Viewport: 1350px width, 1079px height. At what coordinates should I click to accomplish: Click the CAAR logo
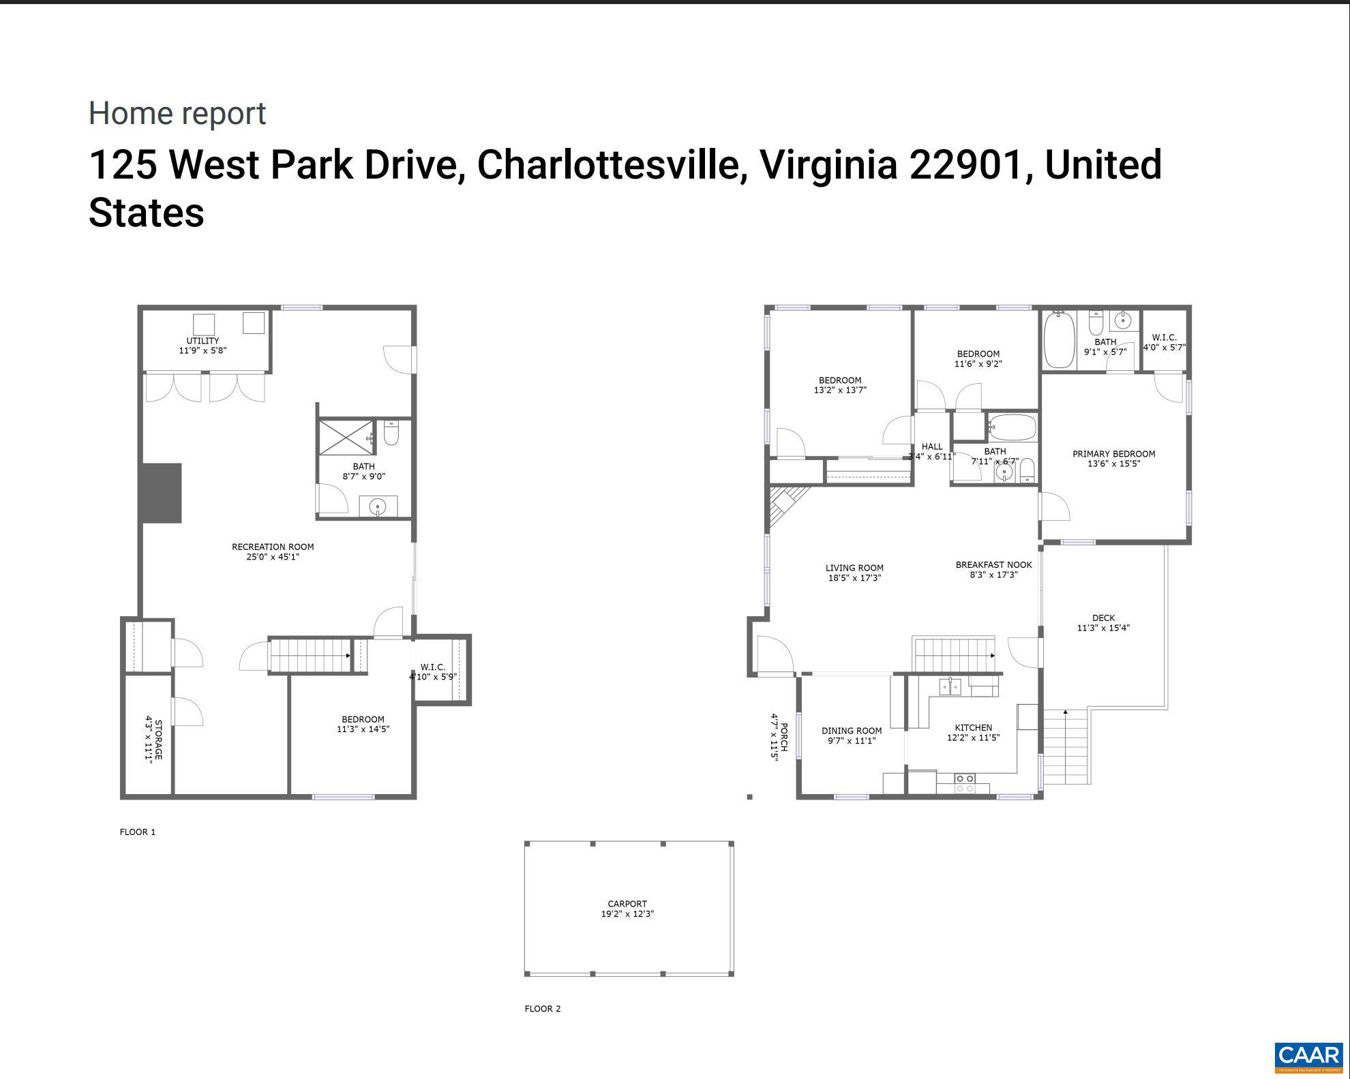tap(1308, 1056)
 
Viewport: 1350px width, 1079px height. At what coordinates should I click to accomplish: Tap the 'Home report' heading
tap(177, 113)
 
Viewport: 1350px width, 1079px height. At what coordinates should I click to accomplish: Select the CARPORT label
tap(627, 904)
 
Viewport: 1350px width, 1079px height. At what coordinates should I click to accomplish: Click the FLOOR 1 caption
tap(138, 832)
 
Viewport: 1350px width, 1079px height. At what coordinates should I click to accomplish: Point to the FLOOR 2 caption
tap(543, 1009)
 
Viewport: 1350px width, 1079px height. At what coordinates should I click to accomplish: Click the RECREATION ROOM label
tap(273, 547)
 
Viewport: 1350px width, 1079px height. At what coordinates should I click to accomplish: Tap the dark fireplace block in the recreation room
tap(162, 493)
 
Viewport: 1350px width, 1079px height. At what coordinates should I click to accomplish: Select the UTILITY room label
tap(202, 341)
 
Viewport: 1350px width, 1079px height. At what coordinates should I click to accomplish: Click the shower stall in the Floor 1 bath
tap(346, 438)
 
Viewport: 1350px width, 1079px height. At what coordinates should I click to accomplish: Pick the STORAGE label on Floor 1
tap(158, 740)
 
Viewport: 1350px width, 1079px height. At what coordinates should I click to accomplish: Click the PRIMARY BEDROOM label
tap(1113, 454)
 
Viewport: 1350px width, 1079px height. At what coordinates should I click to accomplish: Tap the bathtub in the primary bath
tap(1059, 340)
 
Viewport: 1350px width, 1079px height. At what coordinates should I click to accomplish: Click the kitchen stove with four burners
tap(964, 783)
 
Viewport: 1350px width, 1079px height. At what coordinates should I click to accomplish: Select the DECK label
tap(1103, 618)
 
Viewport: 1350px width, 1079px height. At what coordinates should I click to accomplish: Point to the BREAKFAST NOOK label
tap(993, 564)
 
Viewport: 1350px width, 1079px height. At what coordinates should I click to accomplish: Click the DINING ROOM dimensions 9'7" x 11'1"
tap(852, 741)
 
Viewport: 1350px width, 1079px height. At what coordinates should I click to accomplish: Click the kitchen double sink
tap(950, 686)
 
